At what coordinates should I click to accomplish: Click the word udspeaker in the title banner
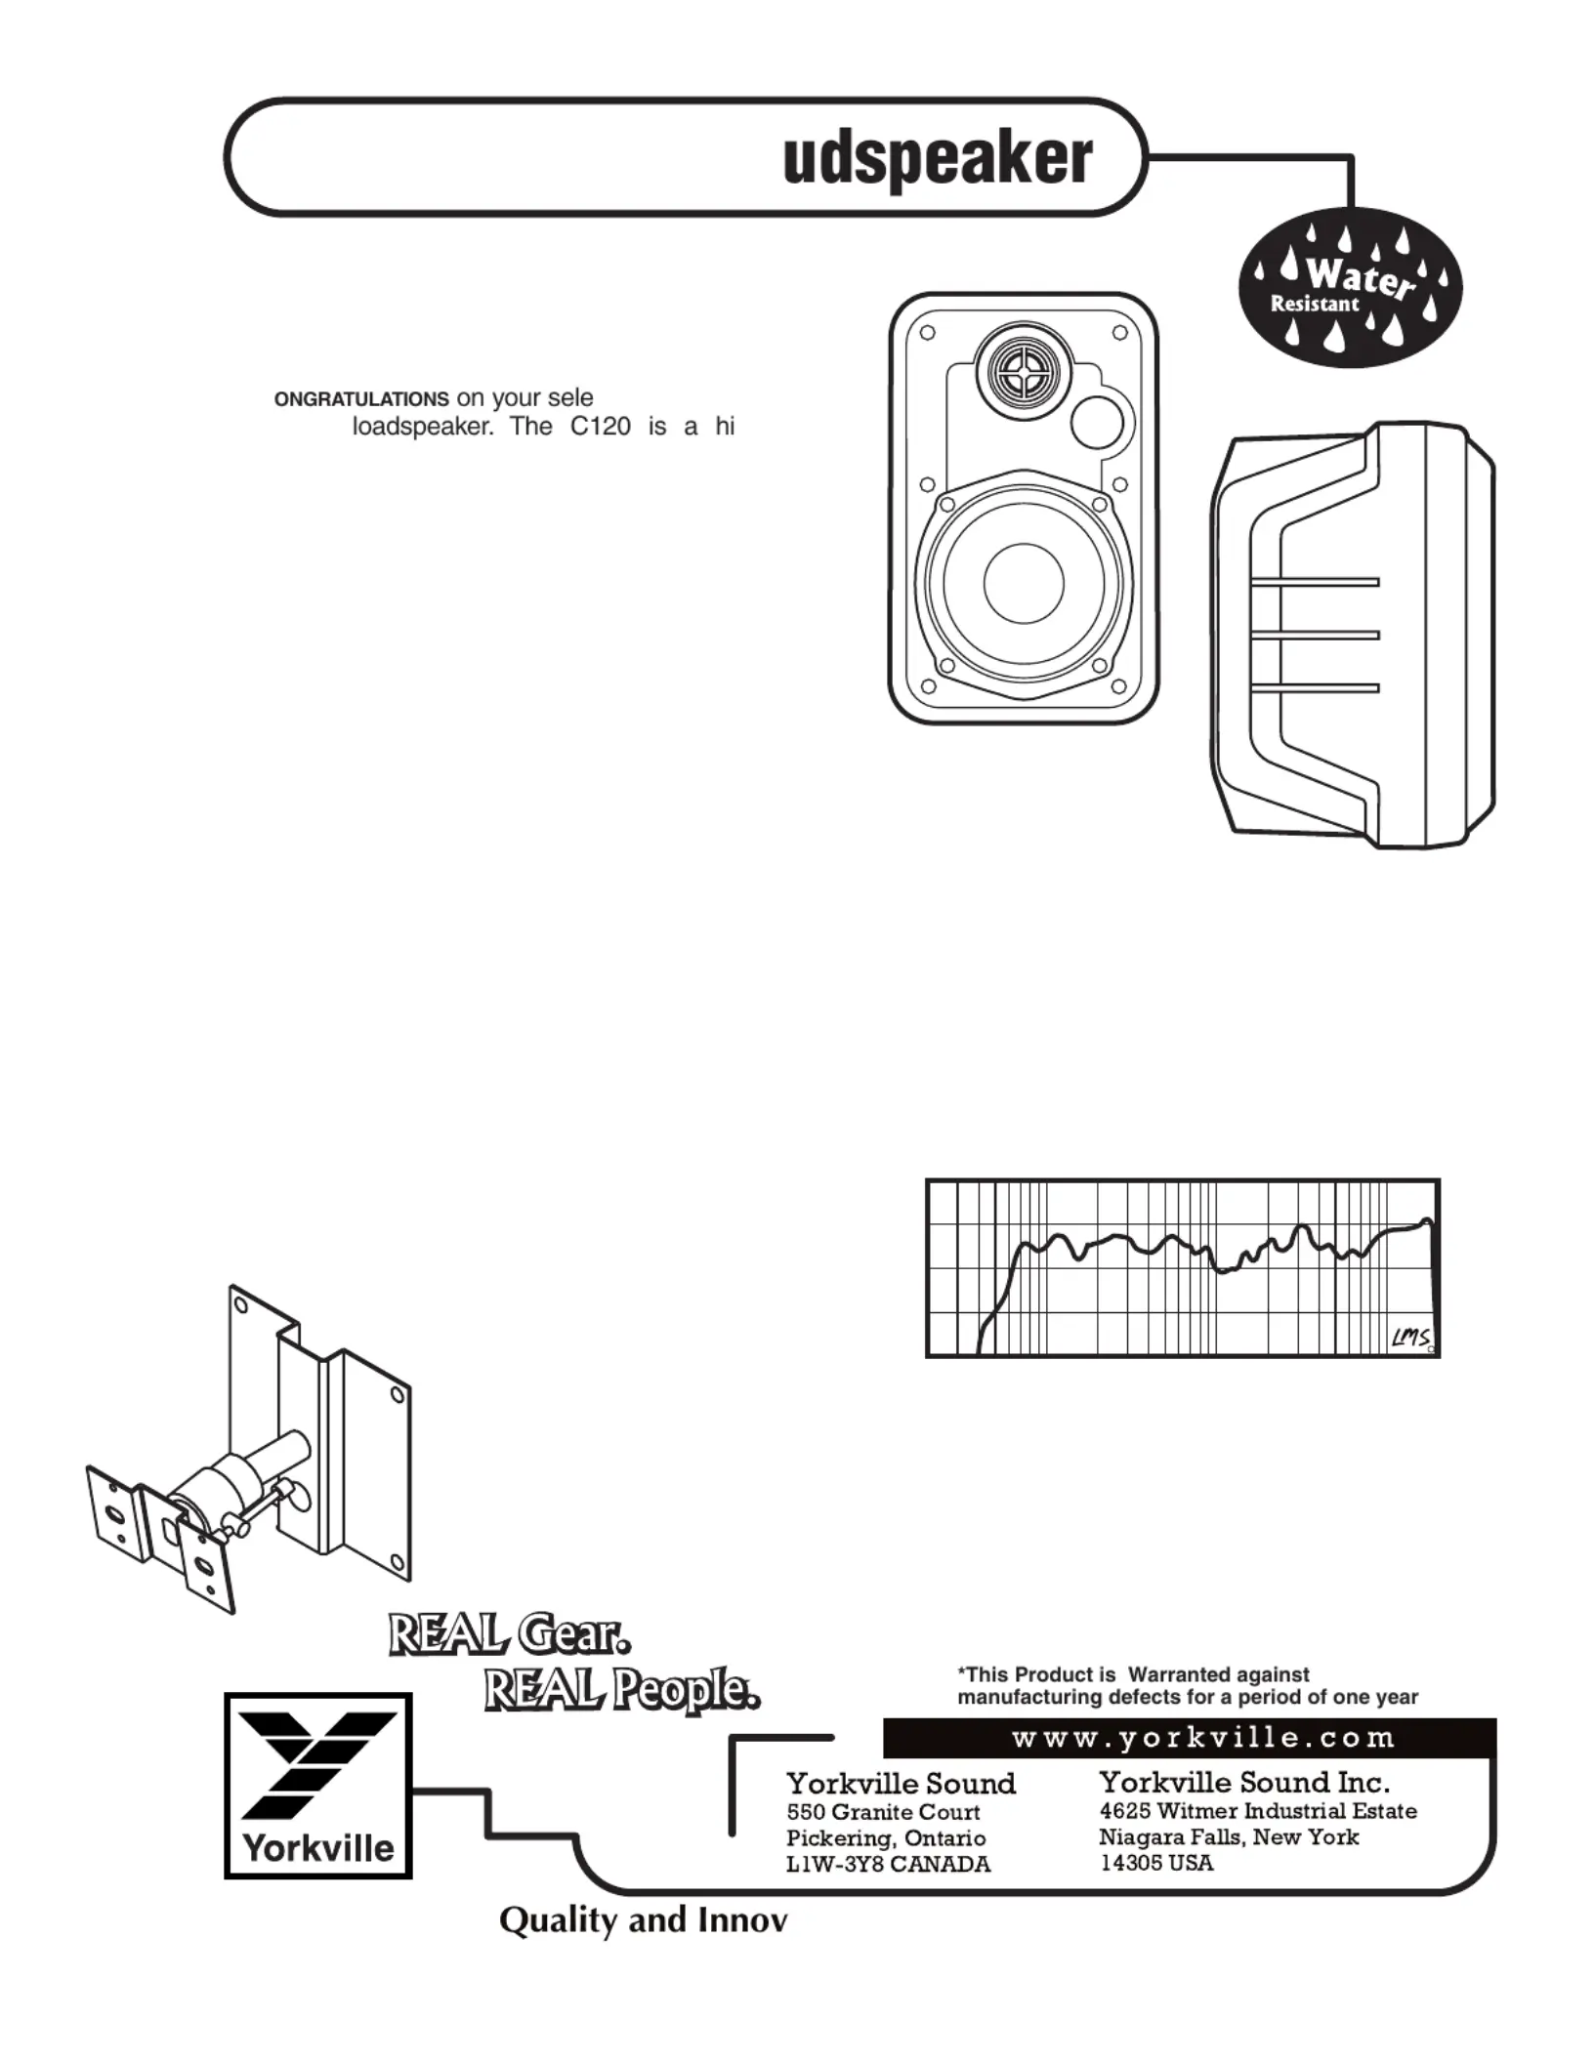click(938, 158)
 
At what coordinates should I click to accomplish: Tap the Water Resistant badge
click(1351, 294)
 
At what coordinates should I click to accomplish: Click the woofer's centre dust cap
click(1023, 583)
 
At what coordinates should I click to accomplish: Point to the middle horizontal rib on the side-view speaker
click(1314, 636)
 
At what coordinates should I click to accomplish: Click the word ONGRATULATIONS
click(361, 400)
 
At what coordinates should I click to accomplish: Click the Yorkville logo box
click(318, 1785)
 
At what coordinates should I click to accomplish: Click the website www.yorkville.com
click(1203, 1738)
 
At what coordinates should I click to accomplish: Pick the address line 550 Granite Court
click(883, 1812)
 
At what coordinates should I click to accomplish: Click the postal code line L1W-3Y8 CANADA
click(888, 1864)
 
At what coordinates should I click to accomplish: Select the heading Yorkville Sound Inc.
click(1243, 1783)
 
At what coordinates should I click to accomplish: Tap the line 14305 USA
click(1156, 1863)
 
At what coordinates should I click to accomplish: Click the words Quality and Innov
click(643, 1920)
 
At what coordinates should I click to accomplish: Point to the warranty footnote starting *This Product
click(1187, 1686)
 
